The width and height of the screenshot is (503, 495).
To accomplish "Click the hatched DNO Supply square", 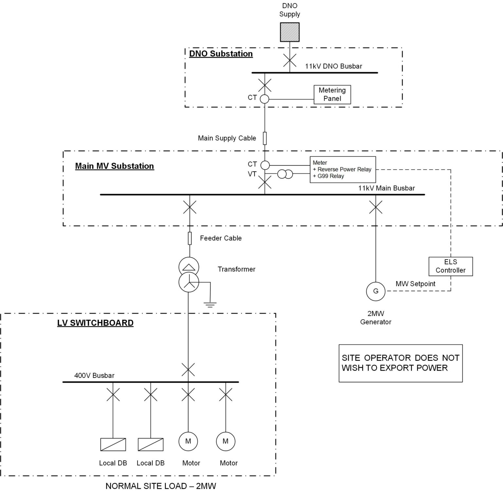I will click(x=289, y=32).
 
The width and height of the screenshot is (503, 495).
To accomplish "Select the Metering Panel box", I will click(x=332, y=95).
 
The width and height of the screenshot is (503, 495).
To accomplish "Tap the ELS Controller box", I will click(x=450, y=266).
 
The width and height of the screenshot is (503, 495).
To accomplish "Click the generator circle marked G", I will click(x=376, y=291).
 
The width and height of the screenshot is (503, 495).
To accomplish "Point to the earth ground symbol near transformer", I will click(x=210, y=305).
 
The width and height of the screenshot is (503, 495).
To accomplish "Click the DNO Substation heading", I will click(x=221, y=54).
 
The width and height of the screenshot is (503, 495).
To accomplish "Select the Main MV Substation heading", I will click(x=114, y=166).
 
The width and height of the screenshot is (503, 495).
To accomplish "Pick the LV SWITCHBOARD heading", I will click(x=95, y=323).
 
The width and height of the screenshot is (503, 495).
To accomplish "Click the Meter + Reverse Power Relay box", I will click(x=343, y=169).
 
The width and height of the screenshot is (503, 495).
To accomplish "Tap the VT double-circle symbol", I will click(x=285, y=174).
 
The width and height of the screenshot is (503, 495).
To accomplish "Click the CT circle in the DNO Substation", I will click(x=264, y=99).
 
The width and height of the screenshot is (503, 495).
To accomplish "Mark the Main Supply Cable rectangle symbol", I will click(x=265, y=138).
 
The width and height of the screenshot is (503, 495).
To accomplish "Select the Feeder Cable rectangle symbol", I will click(x=190, y=238).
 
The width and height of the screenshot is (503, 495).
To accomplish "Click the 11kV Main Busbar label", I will click(x=386, y=188).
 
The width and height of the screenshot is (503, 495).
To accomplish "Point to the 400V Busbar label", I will click(x=94, y=376).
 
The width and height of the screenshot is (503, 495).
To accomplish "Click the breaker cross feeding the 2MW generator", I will click(x=376, y=207).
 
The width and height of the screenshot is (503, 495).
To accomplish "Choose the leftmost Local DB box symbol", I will click(x=113, y=444).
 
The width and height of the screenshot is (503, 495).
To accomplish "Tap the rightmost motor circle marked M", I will click(x=226, y=441).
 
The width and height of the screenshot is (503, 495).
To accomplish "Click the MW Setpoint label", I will click(x=415, y=284).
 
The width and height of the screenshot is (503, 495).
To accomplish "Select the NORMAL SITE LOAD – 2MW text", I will click(x=160, y=486).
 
